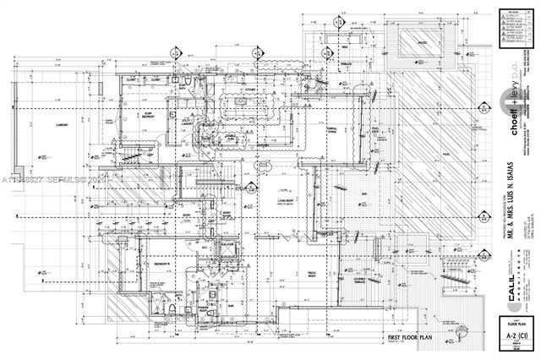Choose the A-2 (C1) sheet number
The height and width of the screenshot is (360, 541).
click(x=513, y=332)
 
